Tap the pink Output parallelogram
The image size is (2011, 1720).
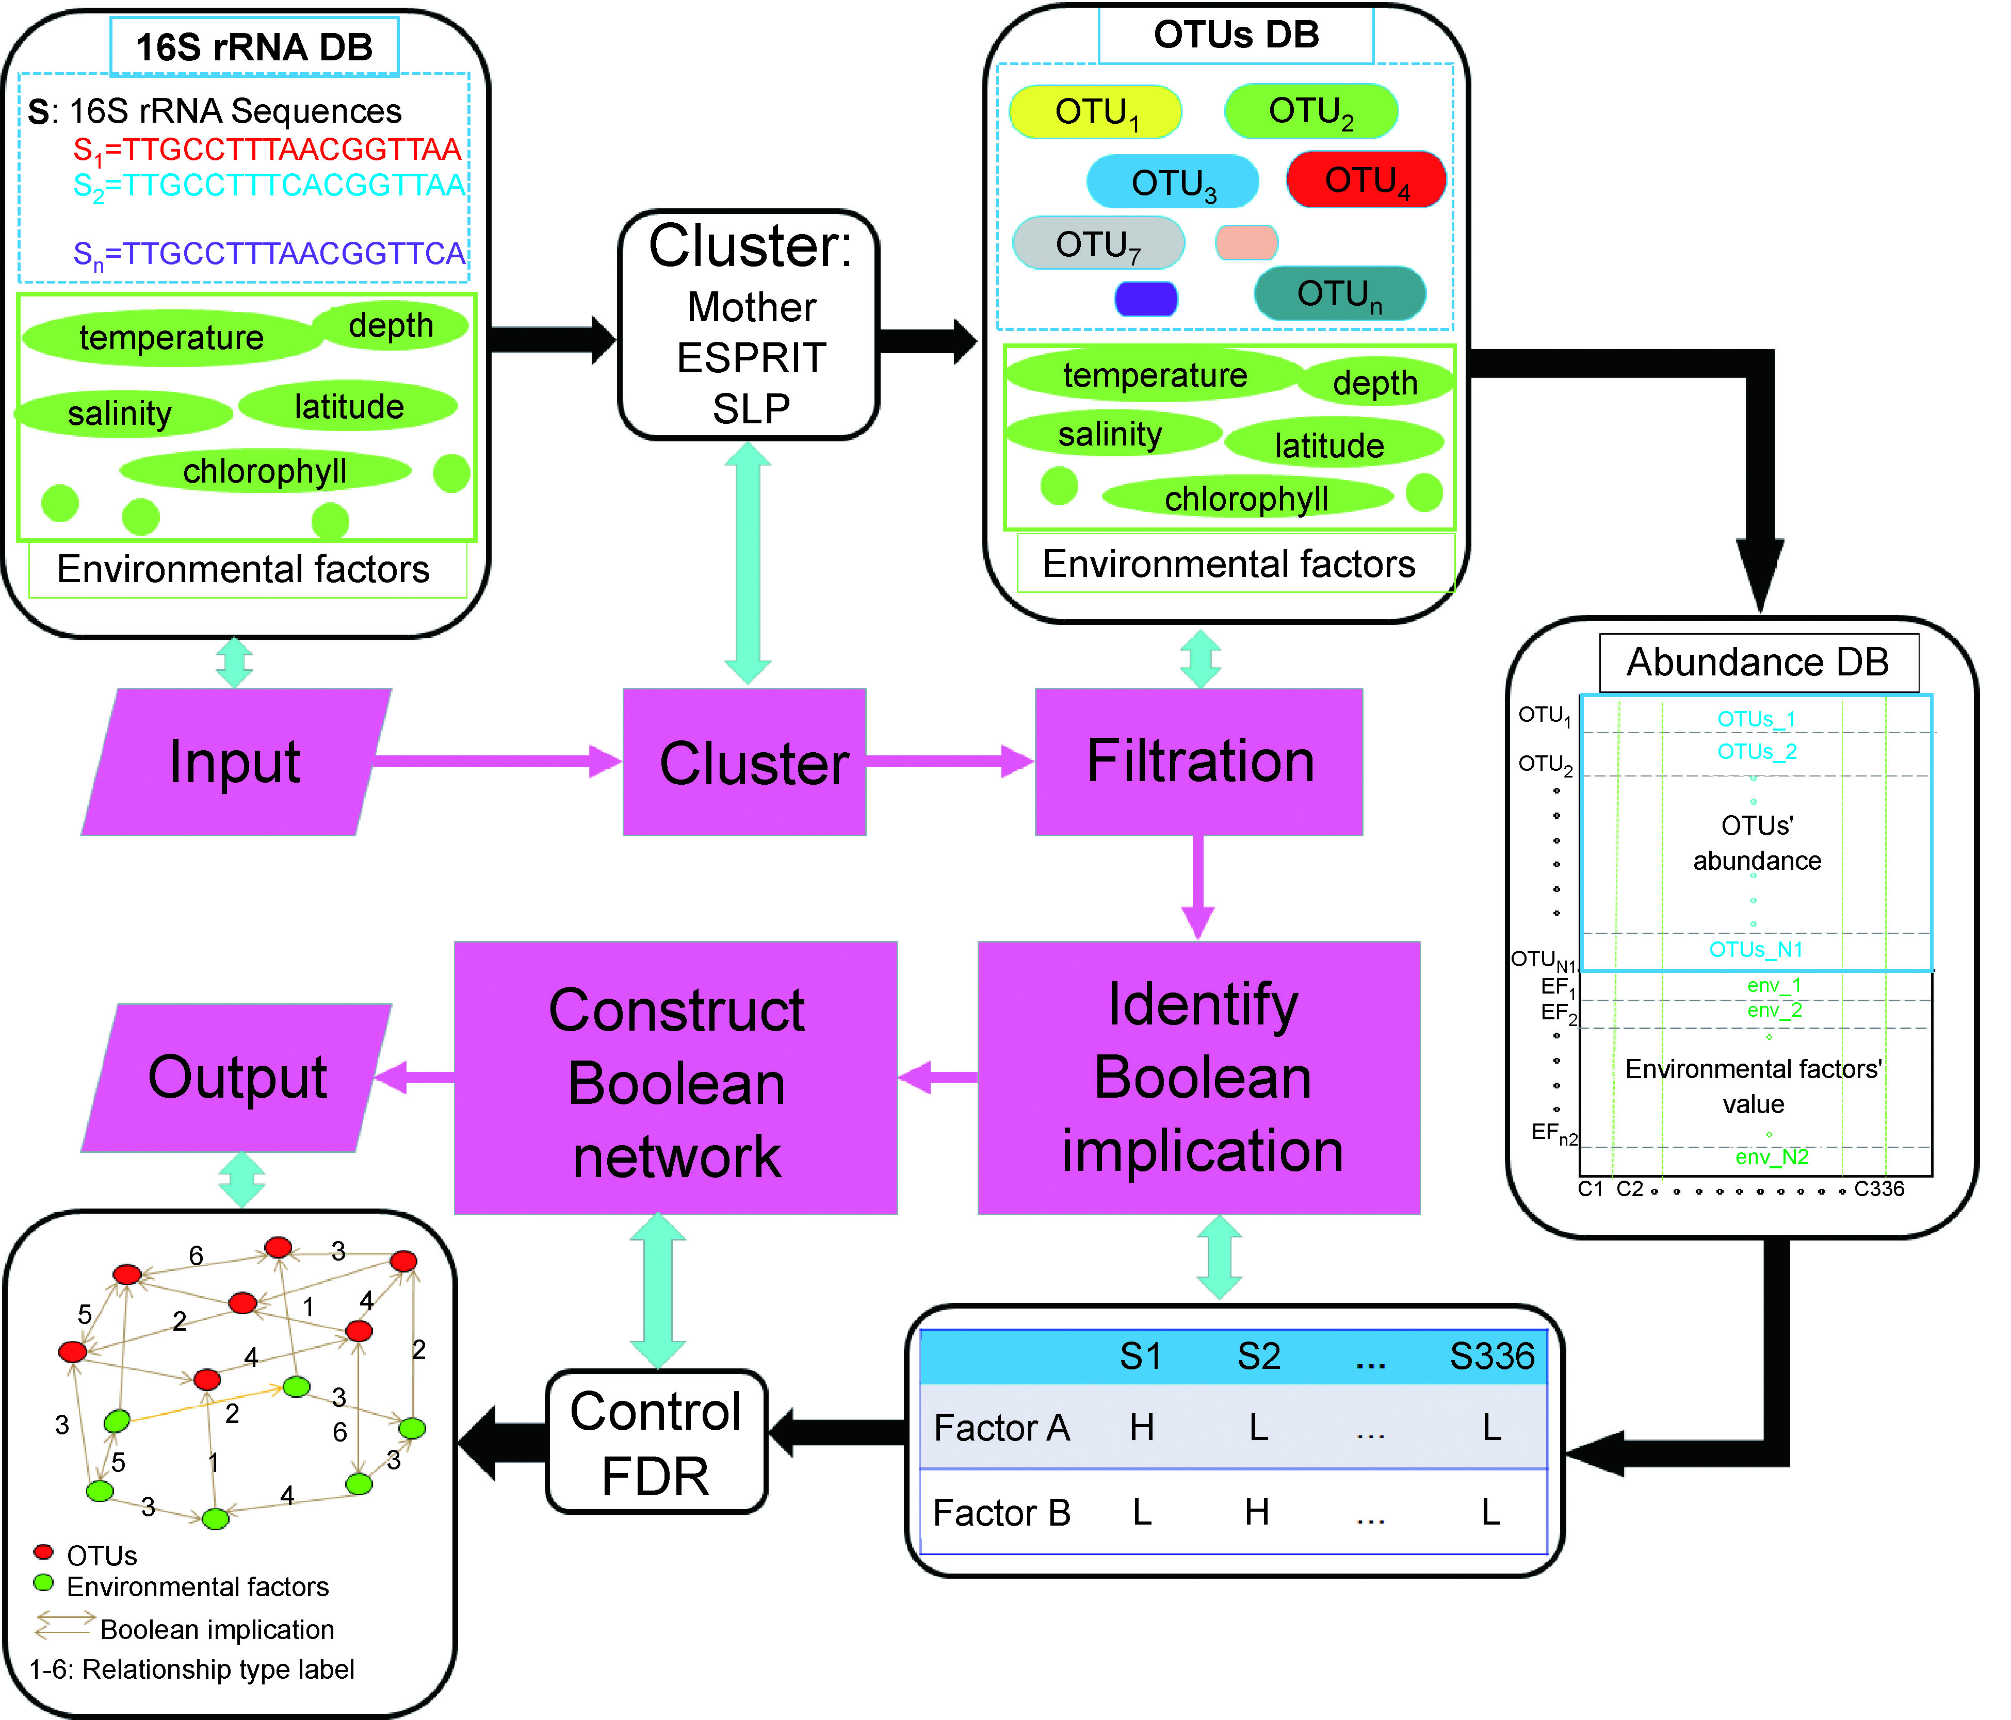(238, 1077)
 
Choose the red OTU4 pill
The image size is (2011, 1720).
(1366, 179)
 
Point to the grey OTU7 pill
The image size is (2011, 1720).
(1098, 242)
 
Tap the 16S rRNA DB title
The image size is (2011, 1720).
(254, 46)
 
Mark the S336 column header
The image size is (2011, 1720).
(1492, 1355)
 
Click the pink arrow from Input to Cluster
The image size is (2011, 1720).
(495, 760)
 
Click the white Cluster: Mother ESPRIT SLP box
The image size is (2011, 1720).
(749, 325)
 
